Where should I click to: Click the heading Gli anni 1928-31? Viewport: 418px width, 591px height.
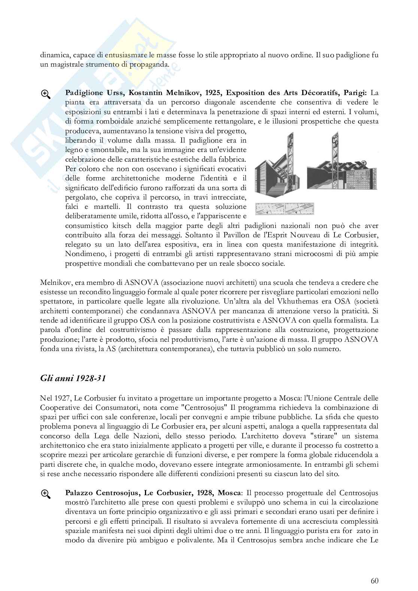[73, 378]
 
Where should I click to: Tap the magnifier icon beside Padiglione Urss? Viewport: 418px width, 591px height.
[46, 94]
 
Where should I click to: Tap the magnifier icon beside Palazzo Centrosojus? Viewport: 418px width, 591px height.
[46, 494]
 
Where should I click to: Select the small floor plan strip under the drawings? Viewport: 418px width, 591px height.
[285, 209]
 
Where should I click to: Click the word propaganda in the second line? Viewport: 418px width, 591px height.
[149, 65]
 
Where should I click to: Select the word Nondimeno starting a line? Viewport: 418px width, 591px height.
[83, 254]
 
